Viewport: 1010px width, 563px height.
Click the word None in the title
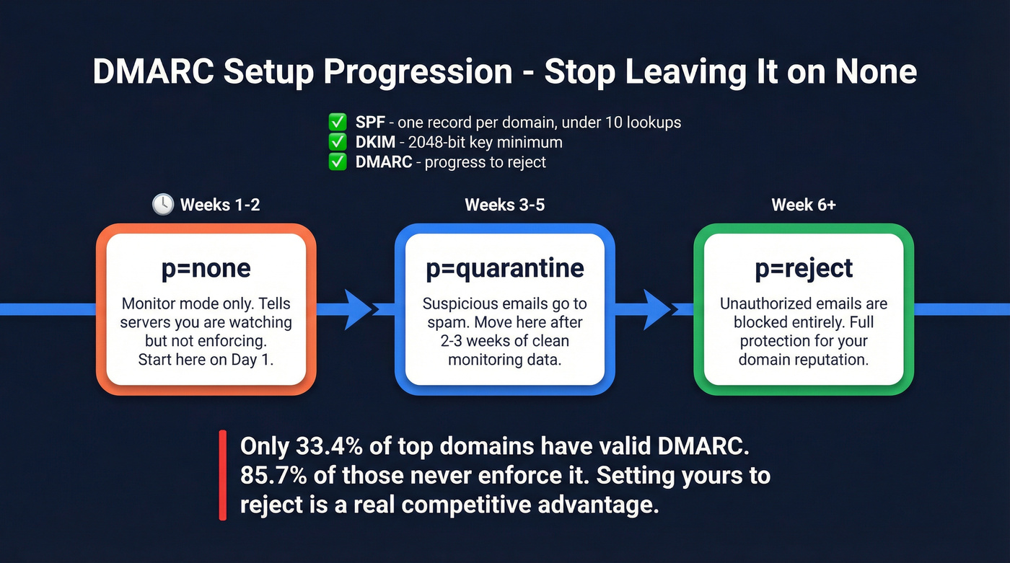875,72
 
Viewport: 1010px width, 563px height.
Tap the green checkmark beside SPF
337,122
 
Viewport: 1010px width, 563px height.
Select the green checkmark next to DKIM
337,142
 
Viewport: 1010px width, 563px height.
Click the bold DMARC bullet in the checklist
383,162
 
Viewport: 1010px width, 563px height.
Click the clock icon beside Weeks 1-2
163,205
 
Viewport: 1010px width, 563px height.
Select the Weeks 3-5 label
504,205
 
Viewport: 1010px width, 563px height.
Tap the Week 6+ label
804,205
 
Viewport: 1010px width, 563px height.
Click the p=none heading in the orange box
206,269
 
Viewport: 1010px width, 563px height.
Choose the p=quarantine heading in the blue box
504,269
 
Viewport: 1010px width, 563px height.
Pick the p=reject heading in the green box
804,269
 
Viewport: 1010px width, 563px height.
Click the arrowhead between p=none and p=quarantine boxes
356,309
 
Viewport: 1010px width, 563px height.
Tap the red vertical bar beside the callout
223,475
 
